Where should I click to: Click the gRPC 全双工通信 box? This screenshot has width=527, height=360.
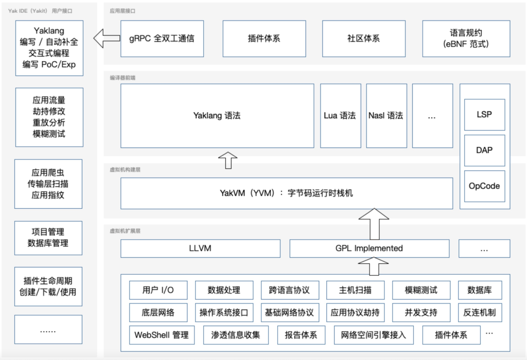tap(162, 39)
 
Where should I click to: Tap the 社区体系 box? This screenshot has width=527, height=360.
tap(363, 39)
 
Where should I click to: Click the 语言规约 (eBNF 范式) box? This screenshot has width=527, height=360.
tap(466, 39)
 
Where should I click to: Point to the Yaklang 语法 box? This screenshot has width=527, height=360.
tap(217, 116)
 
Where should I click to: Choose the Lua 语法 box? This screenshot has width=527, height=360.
tap(340, 116)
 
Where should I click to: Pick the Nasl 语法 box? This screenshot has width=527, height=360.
tap(386, 116)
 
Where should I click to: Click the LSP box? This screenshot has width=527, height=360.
tap(484, 115)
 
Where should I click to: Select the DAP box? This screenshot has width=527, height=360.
tap(484, 150)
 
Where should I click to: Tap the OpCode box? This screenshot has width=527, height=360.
tap(484, 186)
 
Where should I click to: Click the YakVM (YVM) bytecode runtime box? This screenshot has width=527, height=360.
tap(287, 193)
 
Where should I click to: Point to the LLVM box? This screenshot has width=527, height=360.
tap(200, 248)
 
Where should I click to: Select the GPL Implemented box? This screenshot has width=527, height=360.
tap(369, 248)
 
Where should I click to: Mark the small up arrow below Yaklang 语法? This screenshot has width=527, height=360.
tap(228, 160)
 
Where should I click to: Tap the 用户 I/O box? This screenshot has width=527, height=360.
tap(158, 290)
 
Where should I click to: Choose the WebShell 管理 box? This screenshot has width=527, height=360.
tap(162, 335)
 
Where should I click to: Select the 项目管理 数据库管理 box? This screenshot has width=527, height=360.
tap(49, 238)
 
